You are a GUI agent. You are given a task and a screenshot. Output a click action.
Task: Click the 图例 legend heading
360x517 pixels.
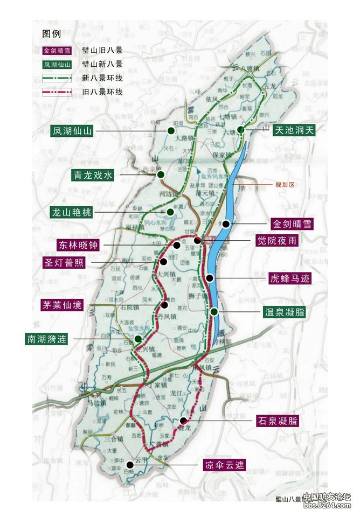click(52, 34)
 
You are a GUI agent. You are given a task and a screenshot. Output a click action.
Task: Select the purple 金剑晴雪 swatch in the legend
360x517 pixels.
click(56, 51)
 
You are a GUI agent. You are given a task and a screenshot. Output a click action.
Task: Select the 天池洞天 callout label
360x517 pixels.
click(294, 130)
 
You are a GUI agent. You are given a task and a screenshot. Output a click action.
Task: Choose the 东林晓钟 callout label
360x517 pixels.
click(79, 245)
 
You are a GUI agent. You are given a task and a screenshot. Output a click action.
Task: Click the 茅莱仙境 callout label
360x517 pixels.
click(63, 305)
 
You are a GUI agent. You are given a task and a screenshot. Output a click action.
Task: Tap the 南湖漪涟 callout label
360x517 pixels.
click(47, 339)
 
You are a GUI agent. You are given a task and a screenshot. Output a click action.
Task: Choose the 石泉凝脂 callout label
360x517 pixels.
click(278, 421)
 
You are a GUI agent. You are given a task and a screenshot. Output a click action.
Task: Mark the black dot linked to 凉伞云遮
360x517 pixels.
click(130, 464)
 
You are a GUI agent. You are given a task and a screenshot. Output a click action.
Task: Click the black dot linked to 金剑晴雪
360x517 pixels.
click(226, 223)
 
